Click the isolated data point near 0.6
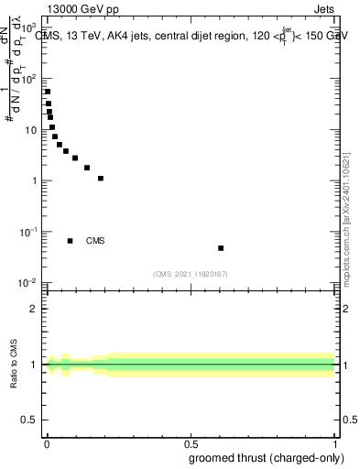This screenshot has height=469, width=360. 221,248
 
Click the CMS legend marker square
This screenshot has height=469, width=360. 71,241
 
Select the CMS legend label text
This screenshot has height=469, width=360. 95,241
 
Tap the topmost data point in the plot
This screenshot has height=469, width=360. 48,92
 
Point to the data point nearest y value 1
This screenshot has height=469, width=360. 101,179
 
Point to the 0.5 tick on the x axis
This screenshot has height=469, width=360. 191,444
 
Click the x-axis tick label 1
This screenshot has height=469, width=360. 335,444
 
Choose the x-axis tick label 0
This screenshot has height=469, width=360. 47,444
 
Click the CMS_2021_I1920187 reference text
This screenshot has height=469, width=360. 190,274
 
